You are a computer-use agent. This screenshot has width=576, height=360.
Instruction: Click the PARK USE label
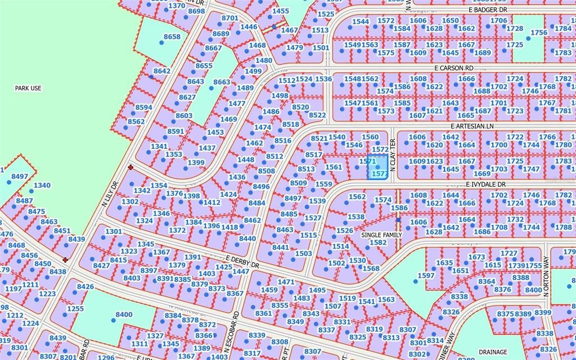point(28,88)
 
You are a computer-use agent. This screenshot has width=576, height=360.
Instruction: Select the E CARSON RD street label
point(453,67)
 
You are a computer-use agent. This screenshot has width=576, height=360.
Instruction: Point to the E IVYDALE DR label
point(485,184)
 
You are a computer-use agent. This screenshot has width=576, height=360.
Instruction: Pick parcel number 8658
point(172,37)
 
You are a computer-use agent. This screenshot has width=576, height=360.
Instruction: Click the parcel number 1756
point(538,33)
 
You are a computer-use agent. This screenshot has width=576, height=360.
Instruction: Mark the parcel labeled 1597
point(426,276)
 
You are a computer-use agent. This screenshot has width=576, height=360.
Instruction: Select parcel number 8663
point(222,82)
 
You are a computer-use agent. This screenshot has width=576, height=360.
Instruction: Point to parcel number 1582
point(378,242)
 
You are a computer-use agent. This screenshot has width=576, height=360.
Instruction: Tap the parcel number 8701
point(229,18)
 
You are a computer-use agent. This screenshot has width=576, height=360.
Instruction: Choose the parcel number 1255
point(75,309)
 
